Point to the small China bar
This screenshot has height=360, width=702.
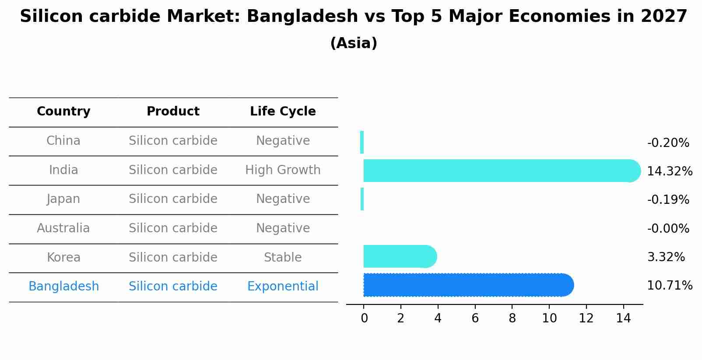(362, 142)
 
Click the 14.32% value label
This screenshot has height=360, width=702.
(669, 171)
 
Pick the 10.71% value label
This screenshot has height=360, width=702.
(669, 286)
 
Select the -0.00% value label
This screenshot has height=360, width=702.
(668, 228)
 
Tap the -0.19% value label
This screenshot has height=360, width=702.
(668, 199)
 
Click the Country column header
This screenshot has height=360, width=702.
(63, 112)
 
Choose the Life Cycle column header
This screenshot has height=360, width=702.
(283, 112)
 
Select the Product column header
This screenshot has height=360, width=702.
(173, 112)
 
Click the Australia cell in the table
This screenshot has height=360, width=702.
(63, 228)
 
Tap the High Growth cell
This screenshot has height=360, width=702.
(283, 170)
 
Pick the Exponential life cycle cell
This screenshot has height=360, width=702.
(283, 286)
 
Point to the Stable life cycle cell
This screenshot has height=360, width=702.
(283, 257)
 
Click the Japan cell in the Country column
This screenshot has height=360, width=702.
(63, 199)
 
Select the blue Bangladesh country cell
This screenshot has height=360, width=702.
(63, 286)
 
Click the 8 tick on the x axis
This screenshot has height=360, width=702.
(512, 318)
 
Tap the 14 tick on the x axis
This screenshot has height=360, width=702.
(623, 318)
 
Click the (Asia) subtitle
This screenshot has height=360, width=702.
(354, 43)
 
